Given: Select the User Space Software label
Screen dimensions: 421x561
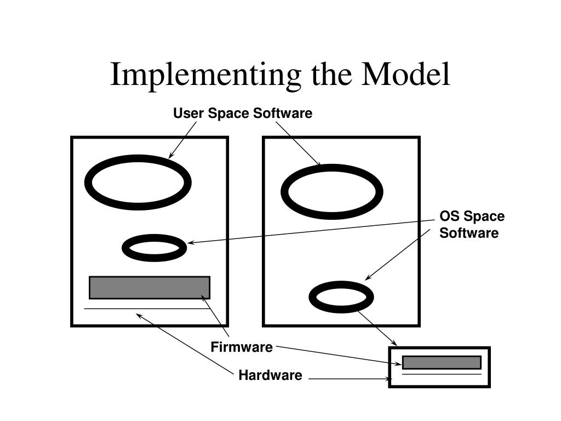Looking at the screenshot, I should pyautogui.click(x=243, y=113).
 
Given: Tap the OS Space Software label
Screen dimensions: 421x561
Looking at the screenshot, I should pyautogui.click(x=471, y=225).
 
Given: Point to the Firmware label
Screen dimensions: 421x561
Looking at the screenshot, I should pyautogui.click(x=242, y=347).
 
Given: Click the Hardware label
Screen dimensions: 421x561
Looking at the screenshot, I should pyautogui.click(x=270, y=376).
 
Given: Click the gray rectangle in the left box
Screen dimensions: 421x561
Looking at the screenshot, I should pyautogui.click(x=150, y=288).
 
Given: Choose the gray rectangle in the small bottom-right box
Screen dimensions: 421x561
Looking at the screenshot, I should pyautogui.click(x=442, y=362).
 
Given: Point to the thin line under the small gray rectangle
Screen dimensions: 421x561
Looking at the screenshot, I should pyautogui.click(x=442, y=374).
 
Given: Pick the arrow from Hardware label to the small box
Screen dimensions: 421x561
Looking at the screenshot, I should pyautogui.click(x=351, y=378).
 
